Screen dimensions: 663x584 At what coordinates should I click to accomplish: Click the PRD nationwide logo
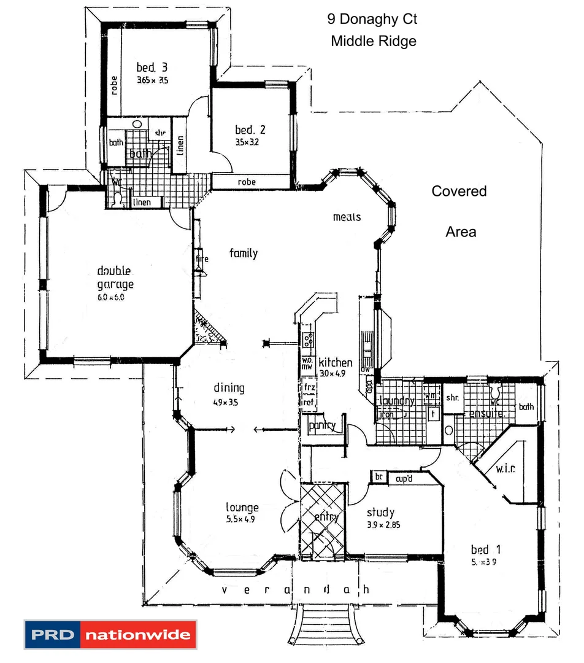pyautogui.click(x=110, y=634)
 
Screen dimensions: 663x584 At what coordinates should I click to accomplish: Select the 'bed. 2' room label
pyautogui.click(x=250, y=130)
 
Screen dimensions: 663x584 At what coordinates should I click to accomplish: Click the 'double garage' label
pyautogui.click(x=115, y=277)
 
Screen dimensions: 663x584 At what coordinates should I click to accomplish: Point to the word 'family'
pyautogui.click(x=244, y=253)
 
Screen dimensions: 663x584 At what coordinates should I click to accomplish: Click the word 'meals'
pyautogui.click(x=347, y=217)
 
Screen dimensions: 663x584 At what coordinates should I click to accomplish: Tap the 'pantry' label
pyautogui.click(x=321, y=425)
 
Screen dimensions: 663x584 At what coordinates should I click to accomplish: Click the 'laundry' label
pyautogui.click(x=397, y=401)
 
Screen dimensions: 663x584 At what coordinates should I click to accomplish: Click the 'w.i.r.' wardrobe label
pyautogui.click(x=506, y=469)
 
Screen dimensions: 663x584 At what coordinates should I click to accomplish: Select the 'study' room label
pyautogui.click(x=380, y=512)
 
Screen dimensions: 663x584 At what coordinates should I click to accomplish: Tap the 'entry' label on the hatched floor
pyautogui.click(x=326, y=517)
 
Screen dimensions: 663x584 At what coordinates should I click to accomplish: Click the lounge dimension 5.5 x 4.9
pyautogui.click(x=240, y=519)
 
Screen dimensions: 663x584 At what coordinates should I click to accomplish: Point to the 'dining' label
pyautogui.click(x=229, y=387)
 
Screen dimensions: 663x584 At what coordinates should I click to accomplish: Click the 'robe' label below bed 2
pyautogui.click(x=247, y=182)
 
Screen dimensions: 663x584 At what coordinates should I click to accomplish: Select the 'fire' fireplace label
pyautogui.click(x=202, y=259)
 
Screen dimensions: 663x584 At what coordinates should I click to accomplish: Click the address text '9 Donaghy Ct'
pyautogui.click(x=372, y=20)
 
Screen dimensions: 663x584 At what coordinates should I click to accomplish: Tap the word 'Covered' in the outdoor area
pyautogui.click(x=459, y=191)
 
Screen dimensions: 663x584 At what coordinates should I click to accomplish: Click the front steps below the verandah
pyautogui.click(x=323, y=623)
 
